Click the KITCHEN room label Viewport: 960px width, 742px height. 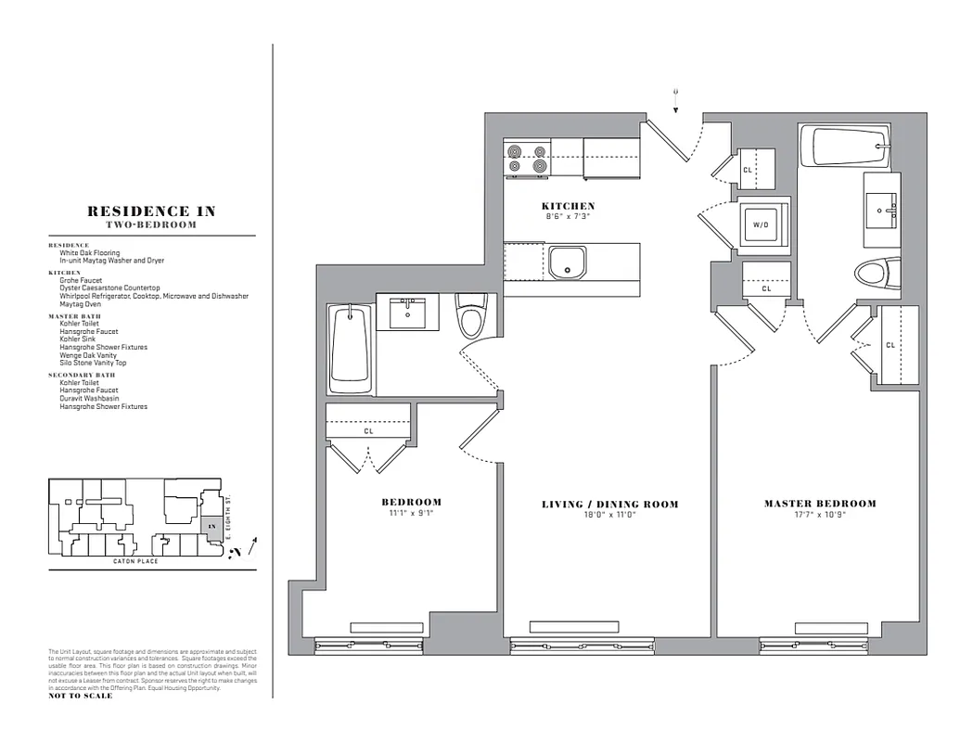click(568, 206)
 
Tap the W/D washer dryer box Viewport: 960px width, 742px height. click(761, 224)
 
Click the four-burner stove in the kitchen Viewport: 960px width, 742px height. click(526, 158)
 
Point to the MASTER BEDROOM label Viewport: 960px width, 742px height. click(820, 504)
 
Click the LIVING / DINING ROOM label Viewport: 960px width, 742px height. click(609, 505)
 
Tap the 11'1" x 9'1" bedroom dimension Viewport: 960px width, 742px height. click(411, 513)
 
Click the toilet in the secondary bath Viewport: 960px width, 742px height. click(472, 319)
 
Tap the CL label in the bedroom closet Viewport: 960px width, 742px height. click(368, 431)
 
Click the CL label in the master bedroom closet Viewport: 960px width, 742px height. click(890, 345)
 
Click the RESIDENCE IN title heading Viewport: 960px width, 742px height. click(151, 211)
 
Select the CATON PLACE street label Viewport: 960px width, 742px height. click(135, 561)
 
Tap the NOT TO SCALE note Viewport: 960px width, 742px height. click(80, 696)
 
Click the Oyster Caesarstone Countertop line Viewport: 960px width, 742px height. click(109, 288)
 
